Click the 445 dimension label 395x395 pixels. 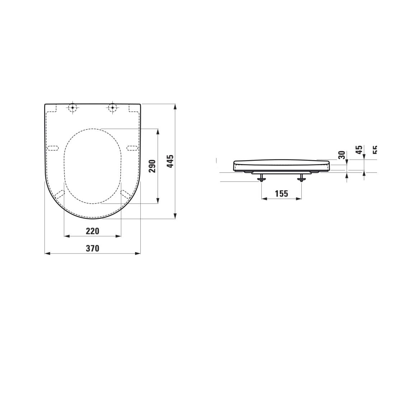pos(171,161)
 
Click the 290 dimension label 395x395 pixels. pos(152,166)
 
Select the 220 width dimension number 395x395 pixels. pos(92,231)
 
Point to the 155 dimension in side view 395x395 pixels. pos(281,194)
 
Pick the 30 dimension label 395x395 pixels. pos(342,155)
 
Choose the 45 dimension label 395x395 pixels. pos(359,150)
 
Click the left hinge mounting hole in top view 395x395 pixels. pos(73,107)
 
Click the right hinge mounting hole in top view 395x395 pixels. pos(112,107)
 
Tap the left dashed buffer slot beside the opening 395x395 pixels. pos(53,148)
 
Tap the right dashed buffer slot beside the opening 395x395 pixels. pos(133,148)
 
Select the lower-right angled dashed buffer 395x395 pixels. pos(126,194)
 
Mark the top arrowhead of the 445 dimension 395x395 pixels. pos(175,107)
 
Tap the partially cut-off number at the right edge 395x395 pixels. pos(375,150)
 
